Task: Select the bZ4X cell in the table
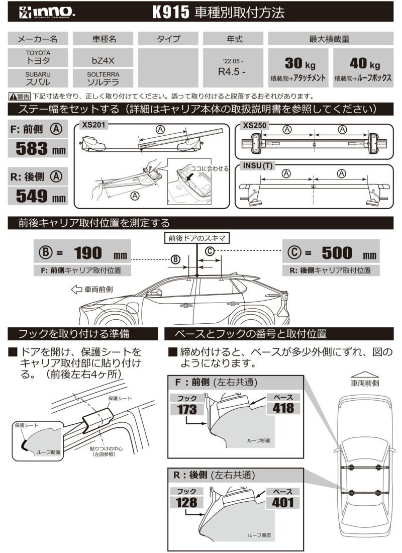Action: coord(103,59)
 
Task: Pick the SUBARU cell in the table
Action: coord(38,76)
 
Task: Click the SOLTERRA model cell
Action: coord(103,76)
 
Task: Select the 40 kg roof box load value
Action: coord(363,64)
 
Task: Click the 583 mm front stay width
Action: coord(39,148)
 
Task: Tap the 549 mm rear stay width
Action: coord(39,196)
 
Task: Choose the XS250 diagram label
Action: coord(254,124)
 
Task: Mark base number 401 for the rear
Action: coord(283,502)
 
